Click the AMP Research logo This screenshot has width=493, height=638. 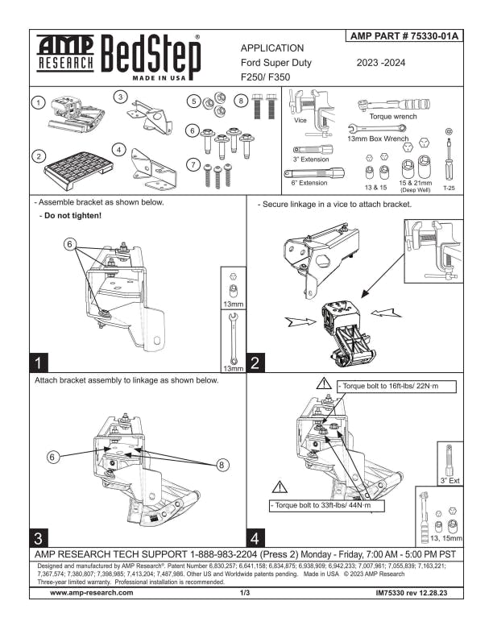[65, 54]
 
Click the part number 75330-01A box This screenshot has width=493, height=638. [404, 35]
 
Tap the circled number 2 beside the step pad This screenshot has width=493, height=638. [39, 156]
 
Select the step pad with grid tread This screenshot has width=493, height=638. [78, 170]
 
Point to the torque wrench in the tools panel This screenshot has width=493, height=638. [393, 105]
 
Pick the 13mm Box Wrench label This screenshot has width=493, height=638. [378, 139]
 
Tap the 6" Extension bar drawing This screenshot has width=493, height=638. [313, 174]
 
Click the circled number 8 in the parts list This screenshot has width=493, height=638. [241, 101]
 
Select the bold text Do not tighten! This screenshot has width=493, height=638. [72, 216]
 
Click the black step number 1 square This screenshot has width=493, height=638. [39, 362]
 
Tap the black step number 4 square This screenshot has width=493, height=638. [255, 537]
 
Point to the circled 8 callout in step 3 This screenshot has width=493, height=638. [222, 465]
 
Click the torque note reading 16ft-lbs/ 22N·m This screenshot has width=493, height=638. [396, 386]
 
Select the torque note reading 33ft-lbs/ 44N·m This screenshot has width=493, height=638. [326, 505]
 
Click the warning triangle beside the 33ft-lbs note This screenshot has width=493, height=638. [280, 487]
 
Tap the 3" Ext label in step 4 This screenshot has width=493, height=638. [449, 481]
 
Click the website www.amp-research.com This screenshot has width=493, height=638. [92, 592]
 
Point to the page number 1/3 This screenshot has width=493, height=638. [245, 593]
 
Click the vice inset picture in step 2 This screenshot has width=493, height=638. [433, 251]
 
